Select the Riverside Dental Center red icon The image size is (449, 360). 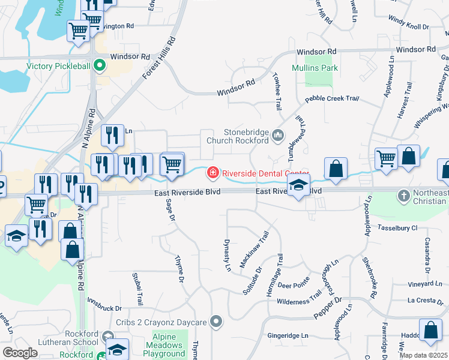[212, 173]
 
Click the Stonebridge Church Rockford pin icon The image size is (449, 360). [277, 136]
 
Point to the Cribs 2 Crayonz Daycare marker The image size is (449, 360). [217, 322]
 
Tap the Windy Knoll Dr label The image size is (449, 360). [408, 26]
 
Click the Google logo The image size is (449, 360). [20, 353]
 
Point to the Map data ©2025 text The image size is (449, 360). [423, 355]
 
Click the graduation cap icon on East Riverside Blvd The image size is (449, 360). [298, 186]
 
